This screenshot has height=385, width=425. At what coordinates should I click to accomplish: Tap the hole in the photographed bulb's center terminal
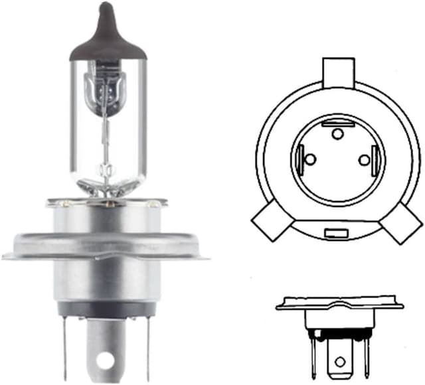(104, 361)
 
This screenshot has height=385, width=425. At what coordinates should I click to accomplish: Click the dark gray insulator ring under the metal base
(106, 309)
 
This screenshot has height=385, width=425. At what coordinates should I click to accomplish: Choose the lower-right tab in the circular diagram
(400, 221)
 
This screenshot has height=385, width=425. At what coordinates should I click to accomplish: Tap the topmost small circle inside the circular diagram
(337, 135)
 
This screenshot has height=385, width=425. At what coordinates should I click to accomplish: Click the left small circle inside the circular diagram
(313, 160)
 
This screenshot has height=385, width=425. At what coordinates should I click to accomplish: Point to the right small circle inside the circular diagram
(363, 160)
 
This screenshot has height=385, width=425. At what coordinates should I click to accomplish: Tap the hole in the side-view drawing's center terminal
(340, 362)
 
